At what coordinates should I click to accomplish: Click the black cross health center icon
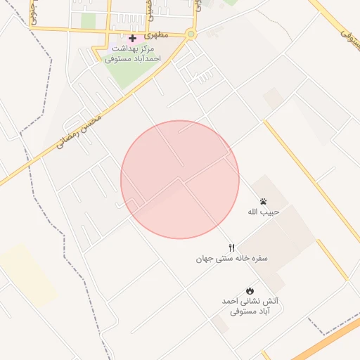[x=132, y=37]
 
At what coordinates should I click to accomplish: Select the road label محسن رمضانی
[x=77, y=129]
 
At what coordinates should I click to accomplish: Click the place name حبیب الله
[x=264, y=212]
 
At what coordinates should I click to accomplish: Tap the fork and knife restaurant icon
[x=232, y=247]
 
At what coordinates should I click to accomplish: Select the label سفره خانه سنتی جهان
[x=232, y=258]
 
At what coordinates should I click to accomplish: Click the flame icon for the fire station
[x=250, y=290]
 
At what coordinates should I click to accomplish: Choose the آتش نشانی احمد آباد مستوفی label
[x=250, y=305]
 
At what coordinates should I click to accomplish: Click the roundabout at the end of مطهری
[x=191, y=34]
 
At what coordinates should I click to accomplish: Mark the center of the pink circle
[x=180, y=180]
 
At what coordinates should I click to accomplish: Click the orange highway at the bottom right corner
[x=330, y=345]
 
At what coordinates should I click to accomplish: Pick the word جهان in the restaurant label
[x=205, y=258]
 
